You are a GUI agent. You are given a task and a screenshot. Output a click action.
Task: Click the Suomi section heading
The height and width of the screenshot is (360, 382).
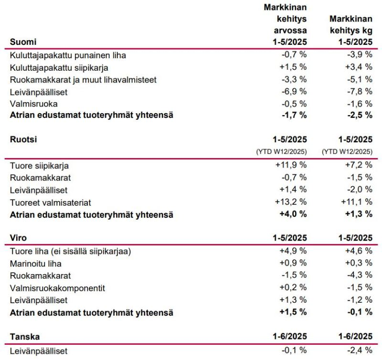coord(23,42)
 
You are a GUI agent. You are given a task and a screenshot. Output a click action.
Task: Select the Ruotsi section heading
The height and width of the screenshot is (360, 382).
coord(23,139)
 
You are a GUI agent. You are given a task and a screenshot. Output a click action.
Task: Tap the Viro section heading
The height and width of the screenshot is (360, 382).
coord(18,238)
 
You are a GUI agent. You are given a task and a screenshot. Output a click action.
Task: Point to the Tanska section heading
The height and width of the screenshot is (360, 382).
coord(25,337)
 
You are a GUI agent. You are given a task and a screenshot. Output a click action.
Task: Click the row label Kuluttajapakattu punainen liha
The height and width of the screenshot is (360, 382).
coord(68,55)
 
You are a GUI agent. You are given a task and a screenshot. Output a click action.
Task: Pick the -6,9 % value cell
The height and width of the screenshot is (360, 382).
coord(294,92)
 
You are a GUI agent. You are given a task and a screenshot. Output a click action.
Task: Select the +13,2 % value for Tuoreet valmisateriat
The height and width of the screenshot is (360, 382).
coord(291,202)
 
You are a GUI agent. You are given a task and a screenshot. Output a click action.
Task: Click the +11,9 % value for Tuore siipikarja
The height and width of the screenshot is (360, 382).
coord(291,165)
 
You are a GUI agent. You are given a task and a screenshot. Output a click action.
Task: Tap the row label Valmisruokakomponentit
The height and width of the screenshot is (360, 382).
coord(57,288)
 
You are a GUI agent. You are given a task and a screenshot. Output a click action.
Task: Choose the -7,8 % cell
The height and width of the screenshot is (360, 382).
coord(360,92)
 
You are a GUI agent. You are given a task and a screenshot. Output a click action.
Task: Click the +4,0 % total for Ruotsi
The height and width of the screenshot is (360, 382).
coord(293,214)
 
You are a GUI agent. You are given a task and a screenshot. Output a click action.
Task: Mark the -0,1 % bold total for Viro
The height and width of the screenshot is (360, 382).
coord(360,312)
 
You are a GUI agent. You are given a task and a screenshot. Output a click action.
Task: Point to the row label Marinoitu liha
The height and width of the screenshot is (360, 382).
coord(36,264)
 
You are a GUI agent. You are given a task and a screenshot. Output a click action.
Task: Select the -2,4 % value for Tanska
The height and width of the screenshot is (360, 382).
coord(360,350)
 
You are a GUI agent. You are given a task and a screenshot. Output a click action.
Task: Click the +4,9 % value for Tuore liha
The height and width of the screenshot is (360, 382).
coord(293,251)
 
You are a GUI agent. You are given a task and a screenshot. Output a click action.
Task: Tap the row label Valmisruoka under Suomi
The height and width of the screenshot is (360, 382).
coord(34,104)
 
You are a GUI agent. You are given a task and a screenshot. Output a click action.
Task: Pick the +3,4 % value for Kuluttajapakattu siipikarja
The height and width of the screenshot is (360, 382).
coord(359,67)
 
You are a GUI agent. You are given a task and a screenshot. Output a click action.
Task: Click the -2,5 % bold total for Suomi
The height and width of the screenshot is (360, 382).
coord(360,115)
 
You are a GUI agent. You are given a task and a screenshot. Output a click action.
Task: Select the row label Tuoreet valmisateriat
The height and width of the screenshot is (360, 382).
coord(51,202)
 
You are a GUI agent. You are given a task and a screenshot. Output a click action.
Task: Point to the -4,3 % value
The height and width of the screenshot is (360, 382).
coord(360,275)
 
